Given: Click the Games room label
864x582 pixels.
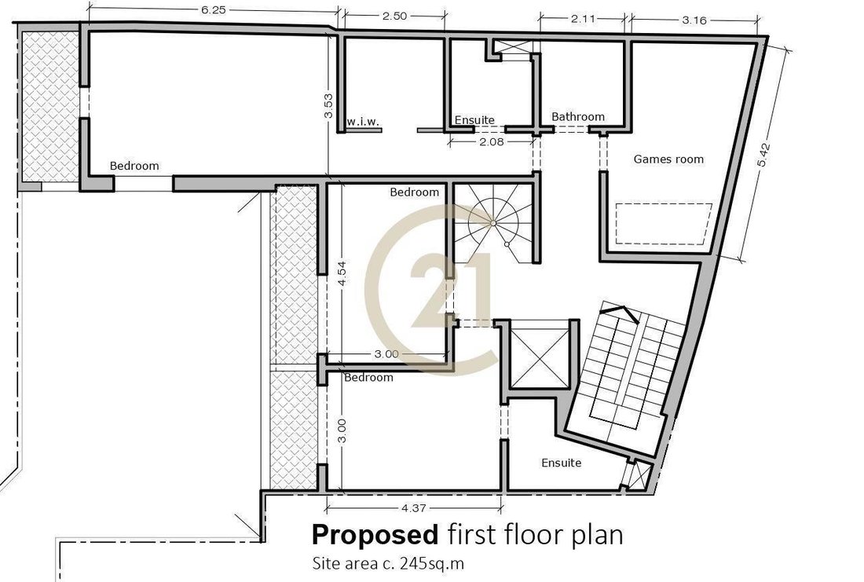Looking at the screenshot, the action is coord(668,159).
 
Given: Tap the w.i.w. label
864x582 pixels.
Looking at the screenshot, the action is coord(363,121).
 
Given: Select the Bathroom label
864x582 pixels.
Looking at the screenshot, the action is coord(578,117).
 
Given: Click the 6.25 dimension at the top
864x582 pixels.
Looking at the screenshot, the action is coord(213,10).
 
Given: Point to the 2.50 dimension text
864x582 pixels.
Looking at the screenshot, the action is coord(394,16).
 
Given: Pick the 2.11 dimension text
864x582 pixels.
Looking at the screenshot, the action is coord(583,19).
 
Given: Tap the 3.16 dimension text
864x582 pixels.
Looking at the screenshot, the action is coord(694,20).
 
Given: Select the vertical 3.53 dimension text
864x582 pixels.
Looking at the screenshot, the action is coord(328,105).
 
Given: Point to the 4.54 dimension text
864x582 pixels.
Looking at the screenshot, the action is coord(342,273).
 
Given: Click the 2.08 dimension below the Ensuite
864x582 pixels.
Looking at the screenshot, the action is coord(492,141).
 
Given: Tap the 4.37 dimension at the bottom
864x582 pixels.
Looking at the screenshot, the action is coord(412,509).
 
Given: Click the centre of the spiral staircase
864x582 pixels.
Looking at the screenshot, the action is coord(493,222).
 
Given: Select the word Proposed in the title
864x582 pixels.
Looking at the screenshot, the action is coord(375,534).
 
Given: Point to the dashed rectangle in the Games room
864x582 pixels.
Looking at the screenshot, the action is coord(663,223).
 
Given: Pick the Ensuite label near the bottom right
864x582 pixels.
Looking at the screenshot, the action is coord(561,463).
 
